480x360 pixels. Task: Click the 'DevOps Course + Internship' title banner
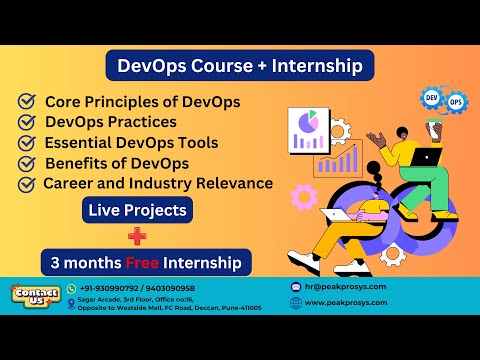coord(240,66)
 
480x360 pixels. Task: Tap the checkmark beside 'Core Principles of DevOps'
coord(27,102)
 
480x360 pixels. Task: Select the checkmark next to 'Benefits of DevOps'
coord(27,163)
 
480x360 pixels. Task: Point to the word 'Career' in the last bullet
coord(71,183)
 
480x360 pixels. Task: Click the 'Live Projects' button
coord(137,211)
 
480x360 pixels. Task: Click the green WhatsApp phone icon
coord(71,288)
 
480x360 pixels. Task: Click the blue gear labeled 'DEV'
coord(433,99)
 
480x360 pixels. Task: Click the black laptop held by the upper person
coord(426,157)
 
